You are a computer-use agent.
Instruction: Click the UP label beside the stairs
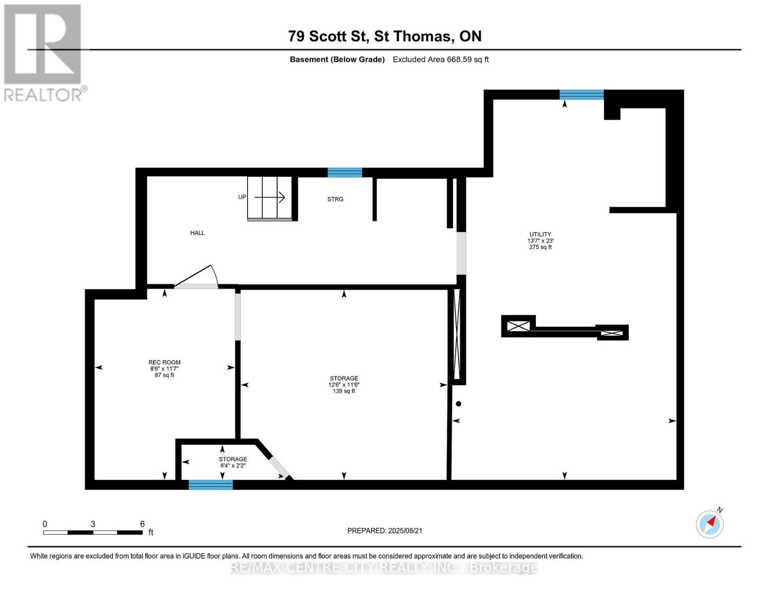point(242,197)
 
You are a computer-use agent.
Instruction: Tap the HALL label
point(197,233)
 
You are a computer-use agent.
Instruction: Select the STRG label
point(335,199)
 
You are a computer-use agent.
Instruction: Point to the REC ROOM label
point(164,362)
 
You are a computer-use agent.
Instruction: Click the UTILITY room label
point(540,234)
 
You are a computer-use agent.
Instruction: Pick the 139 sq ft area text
point(344,391)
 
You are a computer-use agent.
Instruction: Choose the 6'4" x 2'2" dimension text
point(233,466)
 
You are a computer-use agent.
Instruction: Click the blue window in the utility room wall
point(581,95)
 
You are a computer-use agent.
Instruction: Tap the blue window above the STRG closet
point(344,173)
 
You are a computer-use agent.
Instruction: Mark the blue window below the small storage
point(210,485)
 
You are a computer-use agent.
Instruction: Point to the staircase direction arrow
point(270,197)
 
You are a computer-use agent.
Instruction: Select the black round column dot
point(459,404)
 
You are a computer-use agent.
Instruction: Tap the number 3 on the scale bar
point(93,524)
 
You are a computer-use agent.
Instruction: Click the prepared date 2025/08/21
point(405,531)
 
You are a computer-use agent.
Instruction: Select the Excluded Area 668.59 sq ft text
point(441,59)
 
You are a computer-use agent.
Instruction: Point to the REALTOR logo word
point(44,95)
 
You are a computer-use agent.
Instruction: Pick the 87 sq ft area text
point(164,375)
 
